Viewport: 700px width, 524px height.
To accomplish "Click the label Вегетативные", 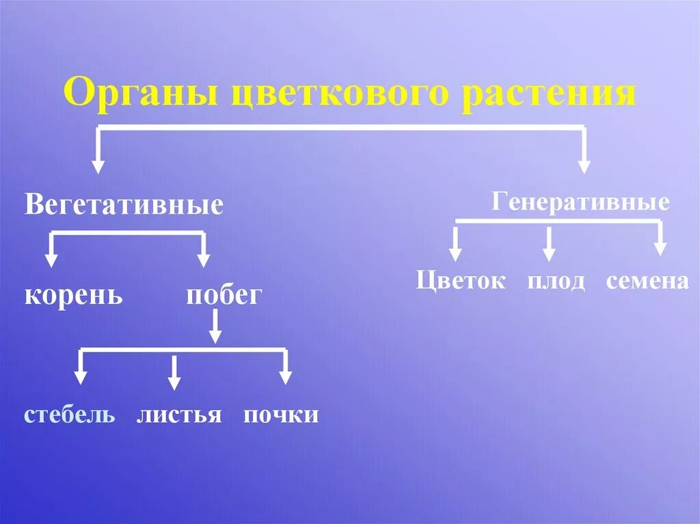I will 124,204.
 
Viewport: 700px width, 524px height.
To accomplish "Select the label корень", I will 74,296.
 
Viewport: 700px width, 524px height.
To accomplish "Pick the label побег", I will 224,296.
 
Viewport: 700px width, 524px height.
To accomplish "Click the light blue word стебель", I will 69,415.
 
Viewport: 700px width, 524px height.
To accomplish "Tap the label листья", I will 179,415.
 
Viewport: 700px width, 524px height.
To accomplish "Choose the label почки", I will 281,415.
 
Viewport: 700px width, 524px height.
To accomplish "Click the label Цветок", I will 461,281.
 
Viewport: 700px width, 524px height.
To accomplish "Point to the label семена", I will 647,281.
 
